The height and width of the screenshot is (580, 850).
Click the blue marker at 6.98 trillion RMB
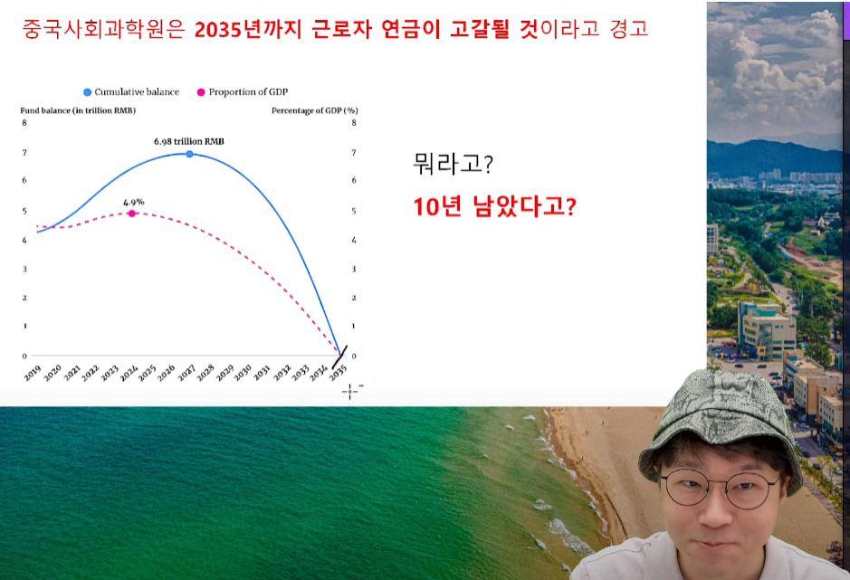click(189, 154)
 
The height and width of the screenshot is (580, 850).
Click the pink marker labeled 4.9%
click(132, 214)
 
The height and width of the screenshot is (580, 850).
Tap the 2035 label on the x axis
click(338, 373)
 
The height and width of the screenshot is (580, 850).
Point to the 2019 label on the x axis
click(33, 373)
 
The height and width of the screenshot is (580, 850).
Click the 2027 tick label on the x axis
click(186, 373)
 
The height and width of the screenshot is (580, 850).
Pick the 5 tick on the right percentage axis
click(354, 211)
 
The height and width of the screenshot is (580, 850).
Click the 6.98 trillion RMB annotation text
click(188, 141)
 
